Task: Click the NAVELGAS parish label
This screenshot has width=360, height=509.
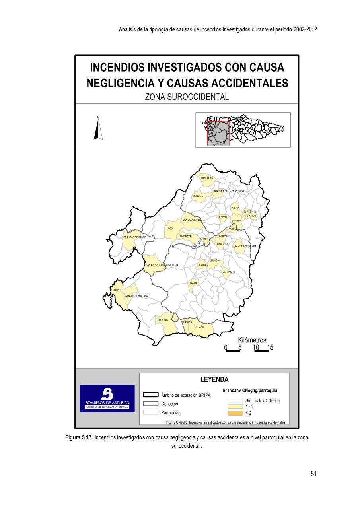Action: [207, 178]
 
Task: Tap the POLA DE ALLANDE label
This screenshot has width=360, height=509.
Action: [191, 220]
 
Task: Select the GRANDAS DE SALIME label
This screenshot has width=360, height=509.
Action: [135, 237]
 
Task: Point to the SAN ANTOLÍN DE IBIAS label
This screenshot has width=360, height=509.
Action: [137, 296]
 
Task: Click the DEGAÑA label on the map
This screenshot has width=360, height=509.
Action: [199, 327]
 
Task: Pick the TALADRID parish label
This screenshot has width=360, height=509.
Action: [163, 320]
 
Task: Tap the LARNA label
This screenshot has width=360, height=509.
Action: [194, 283]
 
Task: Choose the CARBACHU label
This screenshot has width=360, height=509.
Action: [229, 272]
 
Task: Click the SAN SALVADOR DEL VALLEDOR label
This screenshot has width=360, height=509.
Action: [163, 265]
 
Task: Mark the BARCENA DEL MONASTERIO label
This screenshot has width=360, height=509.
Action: [229, 191]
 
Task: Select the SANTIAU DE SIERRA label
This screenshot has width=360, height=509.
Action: [245, 246]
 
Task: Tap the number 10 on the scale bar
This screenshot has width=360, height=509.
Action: [256, 348]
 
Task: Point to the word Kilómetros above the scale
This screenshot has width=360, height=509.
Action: [252, 340]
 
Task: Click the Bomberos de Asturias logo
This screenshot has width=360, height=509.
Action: [107, 398]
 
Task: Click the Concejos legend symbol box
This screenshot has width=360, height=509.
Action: [151, 404]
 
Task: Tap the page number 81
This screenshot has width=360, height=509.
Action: [313, 474]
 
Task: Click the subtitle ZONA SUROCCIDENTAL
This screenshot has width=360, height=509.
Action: [187, 97]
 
